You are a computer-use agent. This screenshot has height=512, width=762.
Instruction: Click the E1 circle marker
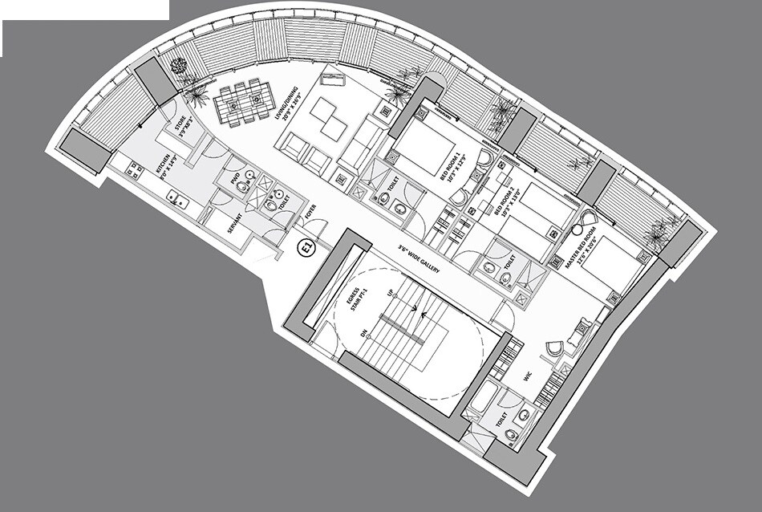pyautogui.click(x=306, y=249)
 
